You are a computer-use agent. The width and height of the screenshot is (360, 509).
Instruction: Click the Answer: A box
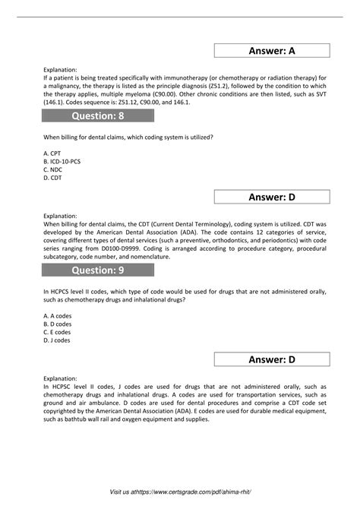pos(271,51)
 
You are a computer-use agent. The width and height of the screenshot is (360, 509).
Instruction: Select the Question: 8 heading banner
pos(98,115)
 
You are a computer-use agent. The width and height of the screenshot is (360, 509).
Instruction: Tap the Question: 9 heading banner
pos(98,270)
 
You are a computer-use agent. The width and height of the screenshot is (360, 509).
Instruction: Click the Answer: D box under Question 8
pos(271,198)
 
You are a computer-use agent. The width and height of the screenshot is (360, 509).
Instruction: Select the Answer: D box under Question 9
pos(271,359)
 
